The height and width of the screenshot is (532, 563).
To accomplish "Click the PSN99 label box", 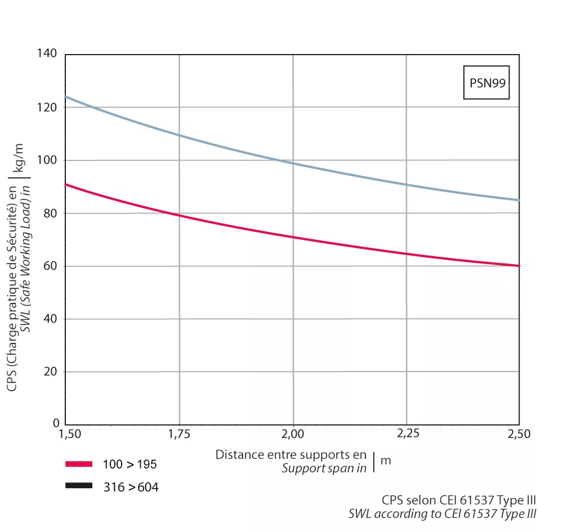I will point(486,83).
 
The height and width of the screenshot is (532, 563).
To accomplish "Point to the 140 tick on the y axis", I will point(47,54).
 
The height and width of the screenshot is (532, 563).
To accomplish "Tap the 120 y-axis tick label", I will point(47,107).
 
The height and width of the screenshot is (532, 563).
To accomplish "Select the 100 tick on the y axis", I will point(47,160).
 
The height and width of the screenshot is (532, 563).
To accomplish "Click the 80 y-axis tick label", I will point(50,213).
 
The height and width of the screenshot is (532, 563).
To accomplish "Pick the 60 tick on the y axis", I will point(50,266).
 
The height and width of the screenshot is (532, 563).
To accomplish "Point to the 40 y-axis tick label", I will point(50,319).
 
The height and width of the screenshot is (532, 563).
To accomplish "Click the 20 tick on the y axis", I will point(50,372).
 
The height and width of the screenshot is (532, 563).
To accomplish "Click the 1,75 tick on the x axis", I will point(179,435).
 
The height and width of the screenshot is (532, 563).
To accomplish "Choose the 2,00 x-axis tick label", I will point(293,435).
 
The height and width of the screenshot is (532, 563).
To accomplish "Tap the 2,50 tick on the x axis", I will point(518,435).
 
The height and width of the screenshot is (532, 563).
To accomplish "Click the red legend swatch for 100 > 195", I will point(78,464).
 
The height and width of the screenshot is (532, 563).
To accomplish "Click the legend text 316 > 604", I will point(131,487).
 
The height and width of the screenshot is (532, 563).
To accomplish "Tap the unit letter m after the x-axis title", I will point(386,461).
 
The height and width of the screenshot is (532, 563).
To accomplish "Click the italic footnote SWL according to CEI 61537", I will point(443,513).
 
